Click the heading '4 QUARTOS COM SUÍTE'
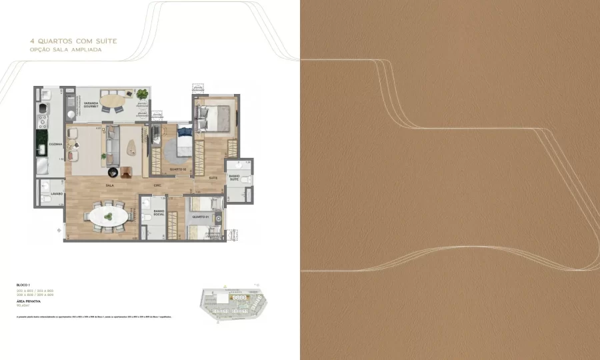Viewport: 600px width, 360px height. [x=73, y=41]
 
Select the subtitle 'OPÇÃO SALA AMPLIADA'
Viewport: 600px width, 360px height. [x=66, y=49]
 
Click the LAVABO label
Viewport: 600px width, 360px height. [x=56, y=194]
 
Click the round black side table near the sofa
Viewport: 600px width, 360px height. [x=113, y=172]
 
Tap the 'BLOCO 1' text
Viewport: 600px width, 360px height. [x=23, y=284]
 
